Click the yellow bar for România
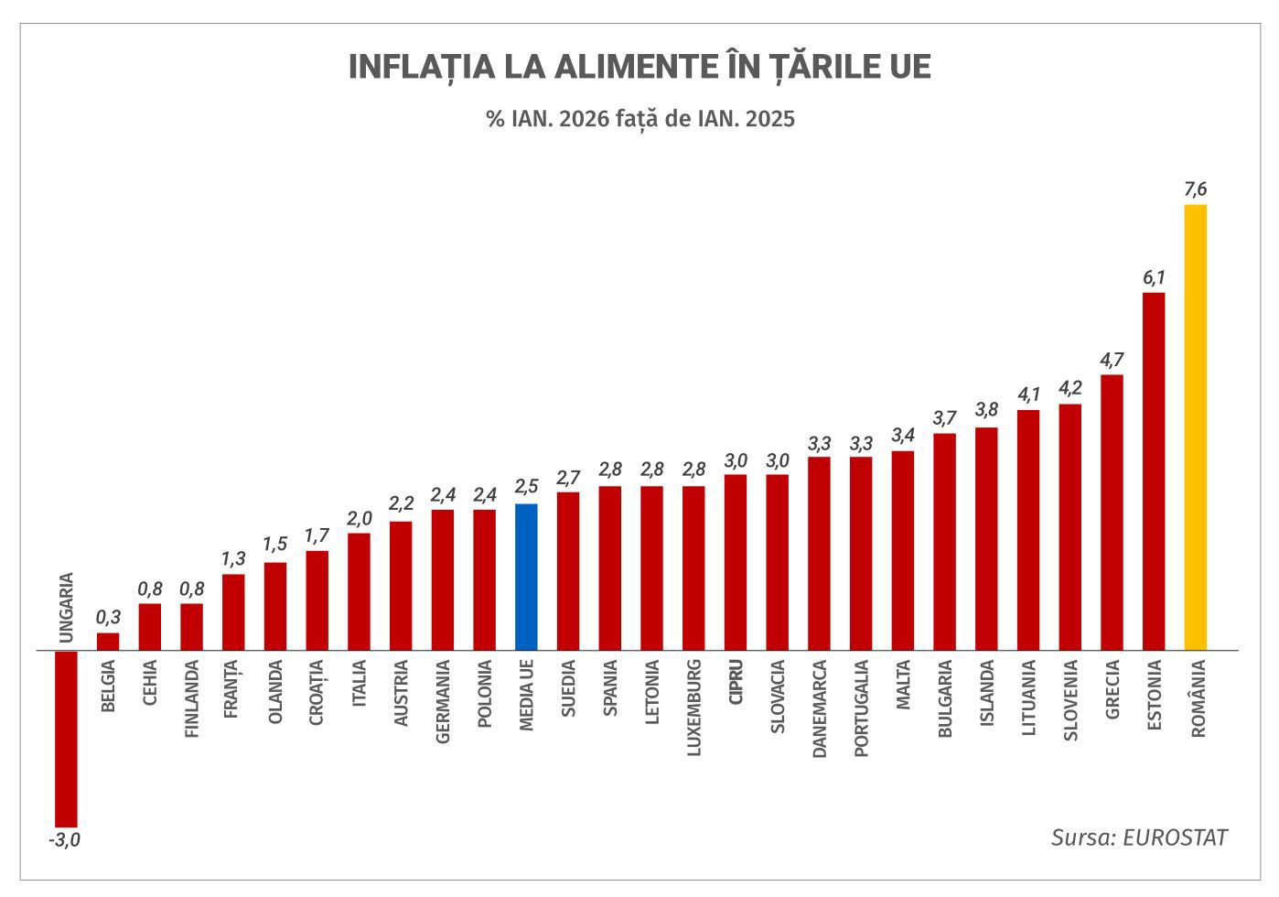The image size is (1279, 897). click(x=1195, y=427)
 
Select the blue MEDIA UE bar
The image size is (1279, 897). click(x=526, y=577)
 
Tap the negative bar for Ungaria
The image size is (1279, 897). click(x=66, y=739)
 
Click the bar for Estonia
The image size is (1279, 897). click(x=1154, y=471)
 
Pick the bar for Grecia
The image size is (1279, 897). click(x=1112, y=513)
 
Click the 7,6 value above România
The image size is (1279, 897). click(x=1195, y=190)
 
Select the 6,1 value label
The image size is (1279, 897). click(x=1154, y=278)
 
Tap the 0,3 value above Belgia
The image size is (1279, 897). click(x=108, y=618)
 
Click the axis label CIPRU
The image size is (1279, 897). click(x=736, y=681)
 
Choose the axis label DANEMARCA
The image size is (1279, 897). click(x=820, y=708)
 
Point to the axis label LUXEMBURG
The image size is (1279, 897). click(x=694, y=706)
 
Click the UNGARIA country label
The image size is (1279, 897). click(x=66, y=608)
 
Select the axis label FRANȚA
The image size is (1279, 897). click(x=231, y=688)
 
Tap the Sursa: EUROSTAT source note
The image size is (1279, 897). click(x=1138, y=838)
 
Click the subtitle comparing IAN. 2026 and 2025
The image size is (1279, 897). click(x=640, y=119)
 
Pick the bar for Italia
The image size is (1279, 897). click(x=359, y=591)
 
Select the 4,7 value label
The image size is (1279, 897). click(x=1112, y=360)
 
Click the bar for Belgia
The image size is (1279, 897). click(x=108, y=642)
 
